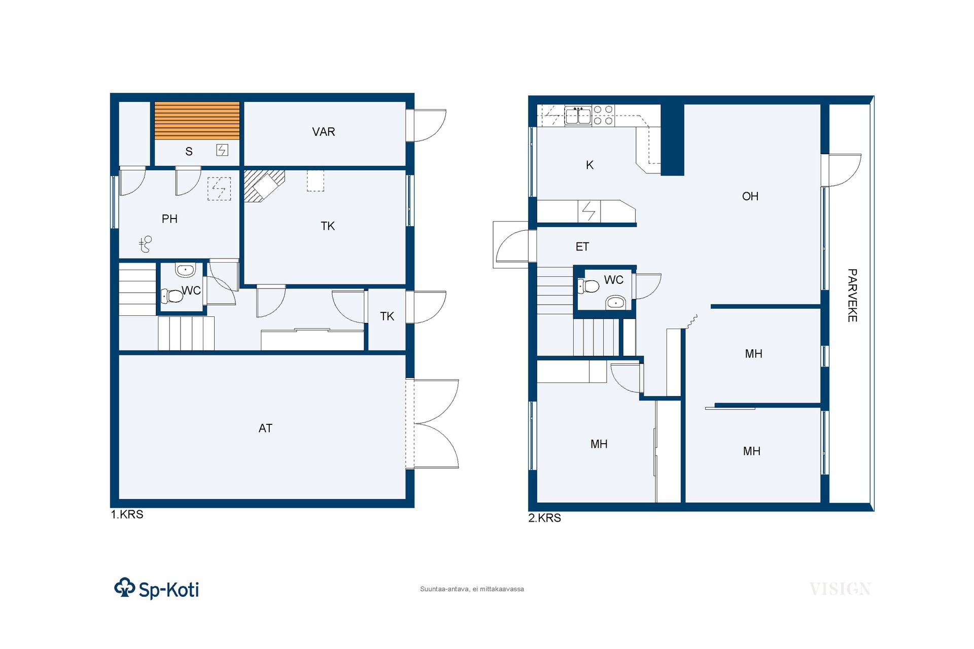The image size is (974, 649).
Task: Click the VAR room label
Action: click(324, 132)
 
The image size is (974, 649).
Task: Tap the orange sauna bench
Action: click(197, 121)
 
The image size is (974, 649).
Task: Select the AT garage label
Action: click(265, 428)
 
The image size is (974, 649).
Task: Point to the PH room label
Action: click(169, 219)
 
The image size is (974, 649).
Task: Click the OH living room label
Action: click(750, 196)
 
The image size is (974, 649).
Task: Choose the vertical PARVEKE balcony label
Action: click(852, 295)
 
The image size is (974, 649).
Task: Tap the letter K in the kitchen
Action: click(589, 165)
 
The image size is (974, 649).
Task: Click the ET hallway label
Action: click(582, 247)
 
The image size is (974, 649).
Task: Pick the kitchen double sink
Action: click(578, 116)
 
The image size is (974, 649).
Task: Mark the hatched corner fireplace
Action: click(263, 185)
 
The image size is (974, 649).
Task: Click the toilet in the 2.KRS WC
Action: click(589, 286)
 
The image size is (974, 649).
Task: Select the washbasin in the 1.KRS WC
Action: click(186, 270)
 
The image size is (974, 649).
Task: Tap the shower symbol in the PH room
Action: click(146, 244)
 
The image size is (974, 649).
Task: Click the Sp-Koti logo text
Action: click(169, 590)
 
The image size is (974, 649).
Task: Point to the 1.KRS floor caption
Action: click(127, 515)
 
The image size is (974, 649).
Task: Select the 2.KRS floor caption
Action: click(545, 518)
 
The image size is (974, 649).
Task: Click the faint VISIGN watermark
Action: click(840, 589)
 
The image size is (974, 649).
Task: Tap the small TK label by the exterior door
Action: click(387, 316)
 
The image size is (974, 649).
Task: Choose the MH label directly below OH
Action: click(754, 354)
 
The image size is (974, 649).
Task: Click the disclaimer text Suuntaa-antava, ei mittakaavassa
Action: click(472, 589)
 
